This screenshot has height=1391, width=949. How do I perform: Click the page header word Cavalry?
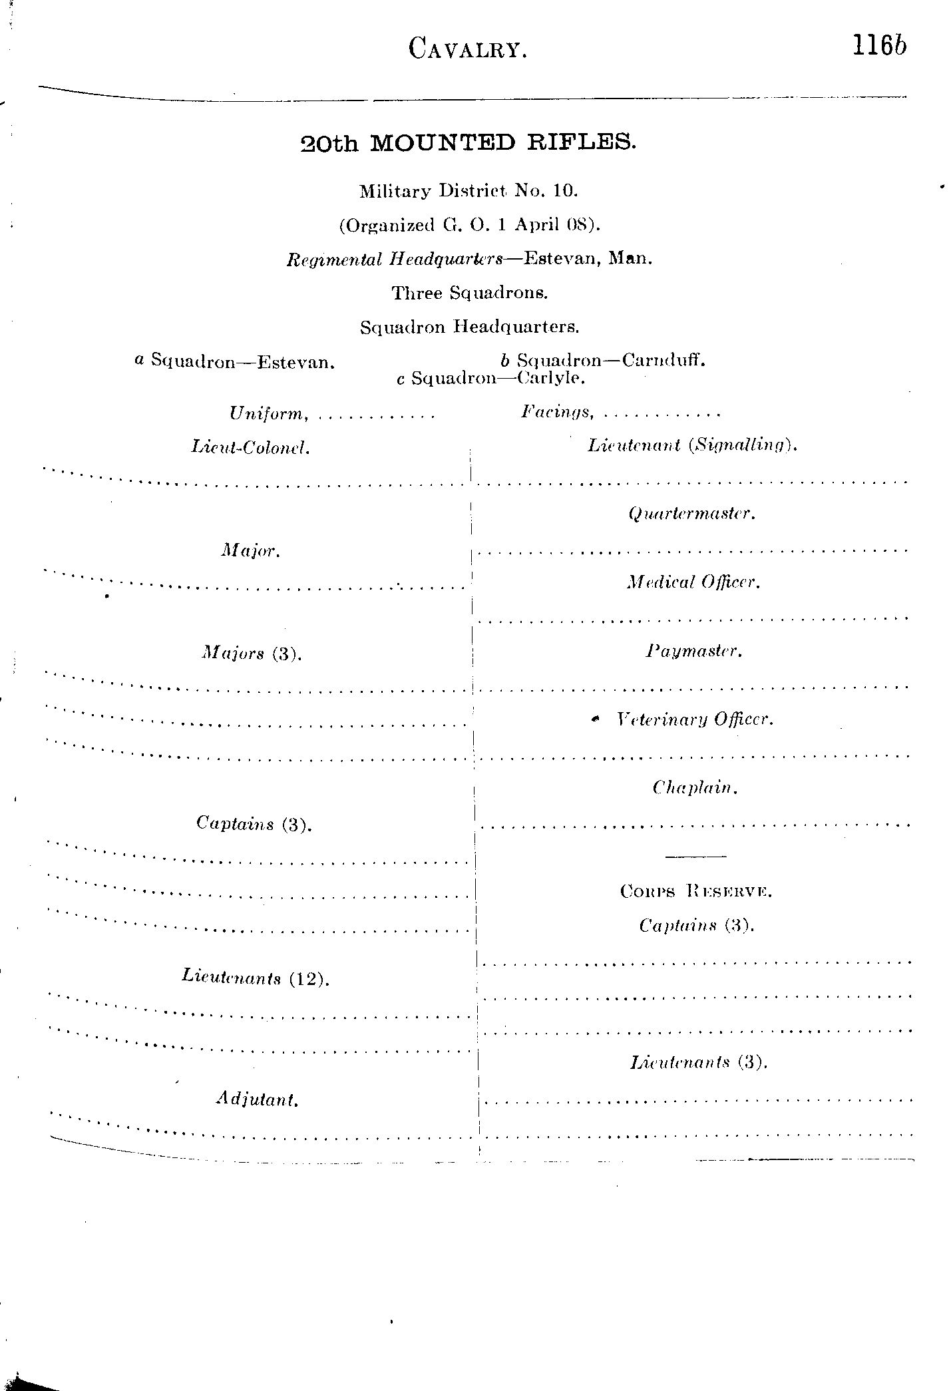[x=468, y=49]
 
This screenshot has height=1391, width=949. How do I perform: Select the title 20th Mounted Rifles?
[x=469, y=143]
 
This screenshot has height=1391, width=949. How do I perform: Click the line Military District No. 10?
[x=469, y=191]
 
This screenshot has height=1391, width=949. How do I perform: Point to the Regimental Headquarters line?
[x=469, y=259]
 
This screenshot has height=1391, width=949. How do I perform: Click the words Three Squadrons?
[x=470, y=293]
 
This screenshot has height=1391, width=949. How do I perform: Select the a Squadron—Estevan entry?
[x=234, y=361]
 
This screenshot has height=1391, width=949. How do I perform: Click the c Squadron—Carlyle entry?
[x=490, y=379]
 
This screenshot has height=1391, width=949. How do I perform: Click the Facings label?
[x=557, y=413]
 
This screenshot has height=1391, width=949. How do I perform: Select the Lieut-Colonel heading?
[x=250, y=447]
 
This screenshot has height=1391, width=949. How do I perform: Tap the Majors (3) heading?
[x=252, y=654]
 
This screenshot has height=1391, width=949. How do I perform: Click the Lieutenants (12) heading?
[x=256, y=978]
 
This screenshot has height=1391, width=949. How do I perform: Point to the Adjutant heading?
[x=257, y=1099]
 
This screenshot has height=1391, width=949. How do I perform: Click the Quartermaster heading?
[x=691, y=514]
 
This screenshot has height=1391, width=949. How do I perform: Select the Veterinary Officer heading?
[x=694, y=719]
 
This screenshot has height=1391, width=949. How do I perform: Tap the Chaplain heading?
[x=695, y=789]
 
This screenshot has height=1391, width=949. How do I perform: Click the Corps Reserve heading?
[x=695, y=891]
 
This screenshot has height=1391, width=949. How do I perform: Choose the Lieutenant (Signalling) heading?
[x=692, y=445]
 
